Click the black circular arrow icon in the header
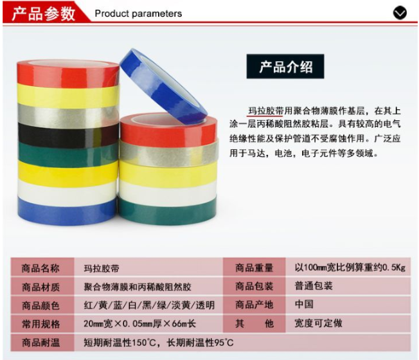(400, 13)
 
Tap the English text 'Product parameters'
(138, 14)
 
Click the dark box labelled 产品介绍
(285, 66)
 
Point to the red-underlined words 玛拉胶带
(265, 111)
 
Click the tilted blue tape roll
(163, 86)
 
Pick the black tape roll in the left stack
(68, 135)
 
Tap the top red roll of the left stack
(68, 74)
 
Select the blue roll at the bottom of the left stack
(67, 211)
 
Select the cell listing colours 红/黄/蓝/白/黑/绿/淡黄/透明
(148, 305)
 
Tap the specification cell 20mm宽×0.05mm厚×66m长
(148, 323)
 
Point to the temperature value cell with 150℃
(242, 343)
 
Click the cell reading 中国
(348, 305)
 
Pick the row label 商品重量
(254, 267)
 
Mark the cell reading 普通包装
(348, 286)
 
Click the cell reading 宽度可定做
(348, 323)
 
